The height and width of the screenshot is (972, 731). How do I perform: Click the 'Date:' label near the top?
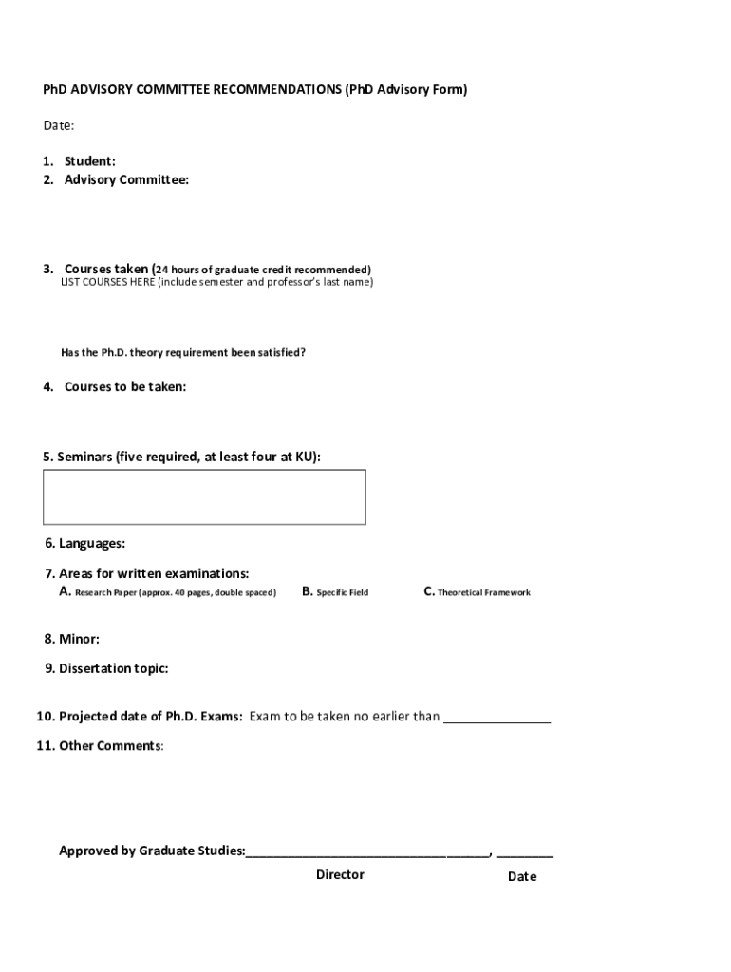pos(59,125)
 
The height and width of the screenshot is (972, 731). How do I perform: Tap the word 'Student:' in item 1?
pos(89,161)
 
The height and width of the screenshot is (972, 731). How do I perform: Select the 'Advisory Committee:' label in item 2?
pos(126,179)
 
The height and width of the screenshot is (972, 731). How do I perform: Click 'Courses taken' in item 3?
pos(105,269)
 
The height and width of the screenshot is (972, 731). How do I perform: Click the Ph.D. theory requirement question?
pos(183,352)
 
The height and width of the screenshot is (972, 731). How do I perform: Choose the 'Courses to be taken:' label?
pos(124,386)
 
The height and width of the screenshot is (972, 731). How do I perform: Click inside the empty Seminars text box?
pos(204,496)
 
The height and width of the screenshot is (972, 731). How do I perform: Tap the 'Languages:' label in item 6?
pos(91,544)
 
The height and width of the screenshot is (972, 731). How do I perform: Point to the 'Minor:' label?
pos(79,639)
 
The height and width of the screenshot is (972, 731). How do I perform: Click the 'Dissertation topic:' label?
pos(113,668)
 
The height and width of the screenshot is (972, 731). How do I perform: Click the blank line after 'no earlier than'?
pos(497,719)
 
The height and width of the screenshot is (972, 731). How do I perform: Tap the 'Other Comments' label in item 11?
pos(109,745)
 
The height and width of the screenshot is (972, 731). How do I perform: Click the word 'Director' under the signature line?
pos(340,874)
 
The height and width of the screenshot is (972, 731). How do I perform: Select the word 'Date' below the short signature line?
pos(522,876)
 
